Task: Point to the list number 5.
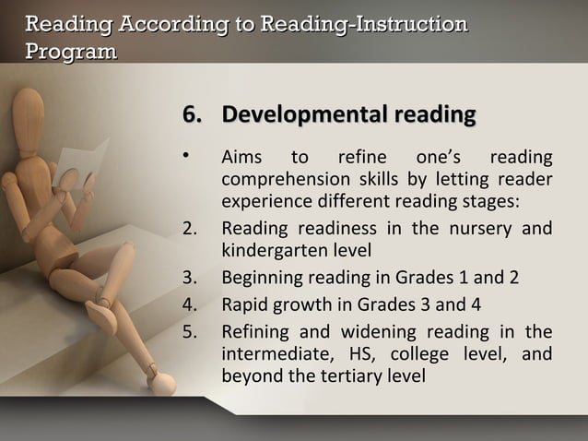(190, 331)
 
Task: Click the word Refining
(253, 331)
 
